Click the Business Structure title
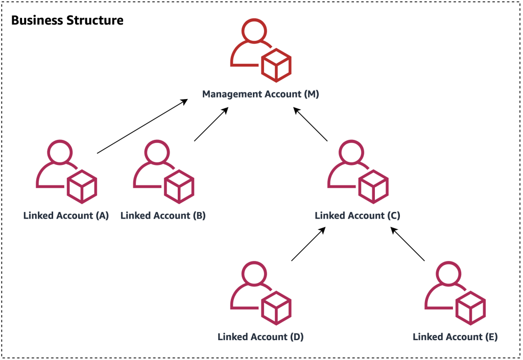67,21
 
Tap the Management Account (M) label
260,94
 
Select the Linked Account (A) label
66,215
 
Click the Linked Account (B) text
163,215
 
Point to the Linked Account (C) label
358,215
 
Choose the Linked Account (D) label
260,337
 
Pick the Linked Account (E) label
455,337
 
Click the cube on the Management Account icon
276,65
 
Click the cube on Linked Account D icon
276,307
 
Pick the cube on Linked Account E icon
470,307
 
